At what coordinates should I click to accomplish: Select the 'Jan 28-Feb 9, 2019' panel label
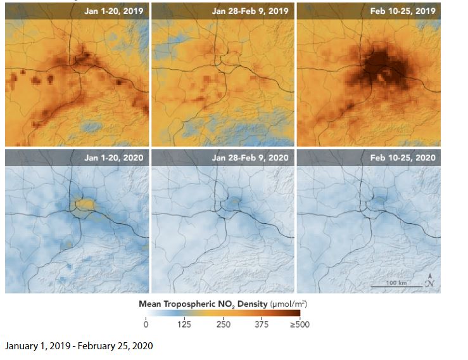[x=251, y=11]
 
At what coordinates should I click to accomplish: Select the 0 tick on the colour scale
[x=146, y=325]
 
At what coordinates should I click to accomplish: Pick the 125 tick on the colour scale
[x=184, y=325]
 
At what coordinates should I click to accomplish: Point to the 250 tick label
[x=223, y=325]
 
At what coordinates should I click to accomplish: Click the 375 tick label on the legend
[x=262, y=325]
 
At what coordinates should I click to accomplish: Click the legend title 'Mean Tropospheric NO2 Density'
[x=203, y=304]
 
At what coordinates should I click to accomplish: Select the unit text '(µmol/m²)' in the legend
[x=288, y=304]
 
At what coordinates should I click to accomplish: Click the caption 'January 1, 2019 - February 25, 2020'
[x=79, y=346]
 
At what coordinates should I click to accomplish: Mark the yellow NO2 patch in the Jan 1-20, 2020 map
[x=85, y=203]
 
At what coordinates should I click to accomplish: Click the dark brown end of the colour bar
[x=295, y=314]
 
